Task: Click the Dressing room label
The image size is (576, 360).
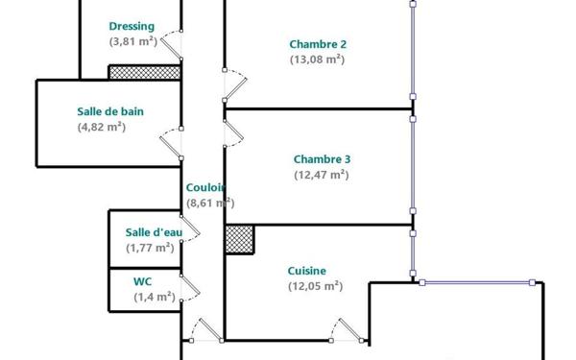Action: tap(132, 27)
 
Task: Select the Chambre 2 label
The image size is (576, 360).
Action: tap(318, 44)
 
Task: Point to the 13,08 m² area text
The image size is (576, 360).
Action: tap(318, 60)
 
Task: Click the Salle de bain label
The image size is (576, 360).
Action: tap(110, 111)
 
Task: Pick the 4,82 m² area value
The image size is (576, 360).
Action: tap(102, 127)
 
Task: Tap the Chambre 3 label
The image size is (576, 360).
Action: tap(322, 159)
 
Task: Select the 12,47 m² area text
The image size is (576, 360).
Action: tap(322, 175)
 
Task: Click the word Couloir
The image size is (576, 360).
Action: tap(205, 188)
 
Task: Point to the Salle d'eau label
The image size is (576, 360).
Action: tap(154, 232)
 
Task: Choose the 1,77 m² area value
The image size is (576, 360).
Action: tap(151, 248)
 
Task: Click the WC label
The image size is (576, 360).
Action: tap(142, 281)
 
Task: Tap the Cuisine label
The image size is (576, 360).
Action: tap(307, 271)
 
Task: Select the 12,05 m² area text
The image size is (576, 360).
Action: tap(316, 286)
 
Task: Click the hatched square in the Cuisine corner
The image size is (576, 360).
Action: tap(239, 239)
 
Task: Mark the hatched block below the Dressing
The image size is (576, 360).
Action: tap(145, 72)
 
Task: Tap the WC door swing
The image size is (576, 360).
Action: tap(190, 288)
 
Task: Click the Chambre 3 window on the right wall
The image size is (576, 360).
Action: tap(413, 165)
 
